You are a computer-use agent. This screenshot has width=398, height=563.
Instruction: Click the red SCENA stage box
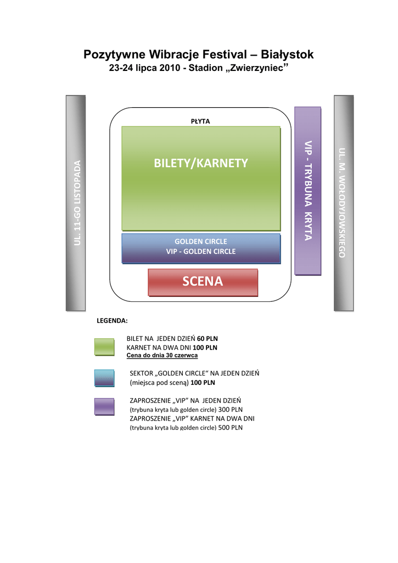pos(203,282)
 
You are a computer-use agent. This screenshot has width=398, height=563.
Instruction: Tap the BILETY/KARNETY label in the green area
pos(201,163)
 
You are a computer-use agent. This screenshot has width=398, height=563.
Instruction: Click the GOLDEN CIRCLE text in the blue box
pos(200,241)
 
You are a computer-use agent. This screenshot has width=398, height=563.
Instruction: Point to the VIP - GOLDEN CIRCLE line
pos(200,251)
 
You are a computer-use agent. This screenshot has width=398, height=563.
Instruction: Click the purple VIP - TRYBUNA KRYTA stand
pos(307,190)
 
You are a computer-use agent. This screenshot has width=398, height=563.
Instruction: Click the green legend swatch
pos(104,347)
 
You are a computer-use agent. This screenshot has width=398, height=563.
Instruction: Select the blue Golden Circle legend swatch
pos(104,378)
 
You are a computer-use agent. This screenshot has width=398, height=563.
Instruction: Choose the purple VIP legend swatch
pos(104,406)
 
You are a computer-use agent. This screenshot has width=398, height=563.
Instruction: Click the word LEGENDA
pos(112,319)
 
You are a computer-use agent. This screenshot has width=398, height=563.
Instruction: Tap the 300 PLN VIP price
pos(230,410)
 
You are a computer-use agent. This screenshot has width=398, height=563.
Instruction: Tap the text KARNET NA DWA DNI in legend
pos(159,347)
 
